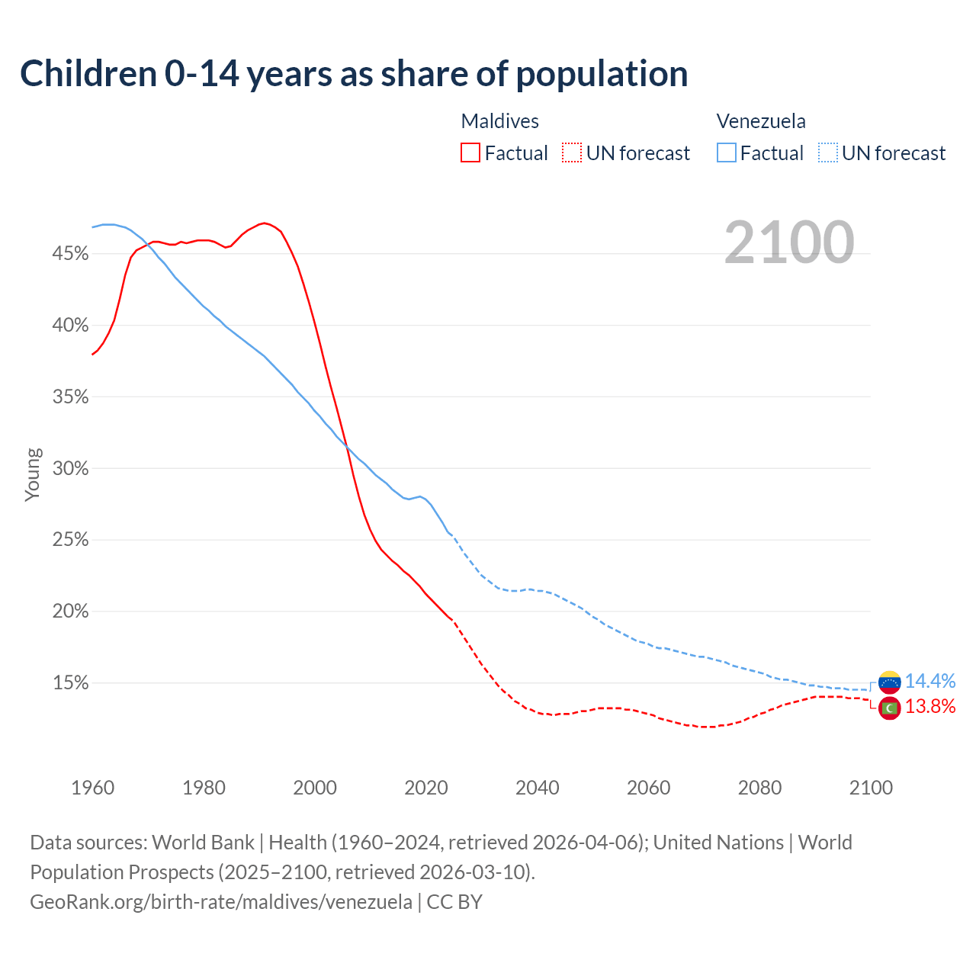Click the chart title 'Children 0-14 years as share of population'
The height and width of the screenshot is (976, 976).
pyautogui.click(x=354, y=74)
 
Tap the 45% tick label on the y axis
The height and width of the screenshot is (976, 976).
pyautogui.click(x=70, y=254)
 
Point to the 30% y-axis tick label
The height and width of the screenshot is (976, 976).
pyautogui.click(x=70, y=469)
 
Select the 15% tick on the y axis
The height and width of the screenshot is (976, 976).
pyautogui.click(x=70, y=683)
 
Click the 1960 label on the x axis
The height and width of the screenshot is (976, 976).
pyautogui.click(x=92, y=788)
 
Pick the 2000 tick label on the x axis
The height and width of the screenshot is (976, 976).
pyautogui.click(x=315, y=788)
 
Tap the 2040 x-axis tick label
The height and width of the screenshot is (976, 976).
pyautogui.click(x=538, y=788)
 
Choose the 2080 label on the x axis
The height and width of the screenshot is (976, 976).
pyautogui.click(x=759, y=788)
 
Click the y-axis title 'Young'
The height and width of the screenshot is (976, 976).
pyautogui.click(x=33, y=474)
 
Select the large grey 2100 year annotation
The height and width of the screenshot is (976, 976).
pyautogui.click(x=789, y=242)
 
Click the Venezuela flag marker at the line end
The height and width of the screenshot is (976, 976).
pyautogui.click(x=889, y=682)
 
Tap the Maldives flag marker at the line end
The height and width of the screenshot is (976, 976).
pyautogui.click(x=889, y=708)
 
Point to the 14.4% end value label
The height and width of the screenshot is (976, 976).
pyautogui.click(x=930, y=681)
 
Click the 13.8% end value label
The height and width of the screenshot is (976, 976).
pyautogui.click(x=930, y=707)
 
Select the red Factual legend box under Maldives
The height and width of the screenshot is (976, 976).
pyautogui.click(x=470, y=153)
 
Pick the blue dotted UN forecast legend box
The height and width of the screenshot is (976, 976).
pyautogui.click(x=828, y=153)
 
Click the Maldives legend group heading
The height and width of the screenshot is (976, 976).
pyautogui.click(x=500, y=121)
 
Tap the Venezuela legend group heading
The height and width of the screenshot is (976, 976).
pyautogui.click(x=761, y=121)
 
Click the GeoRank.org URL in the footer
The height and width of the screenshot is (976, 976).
pyautogui.click(x=221, y=902)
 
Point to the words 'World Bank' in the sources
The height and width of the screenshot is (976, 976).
pyautogui.click(x=203, y=843)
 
